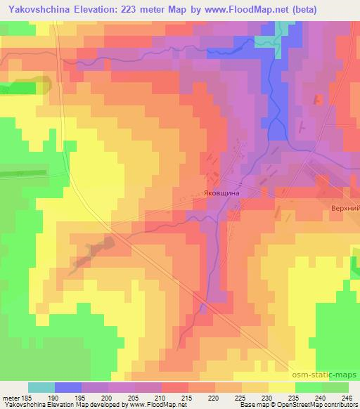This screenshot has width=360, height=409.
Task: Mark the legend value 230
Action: (266, 398)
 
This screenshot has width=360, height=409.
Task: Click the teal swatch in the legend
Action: (41, 387)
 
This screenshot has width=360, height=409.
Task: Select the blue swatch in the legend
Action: (68, 387)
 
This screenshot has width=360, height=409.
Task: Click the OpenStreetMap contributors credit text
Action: (317, 405)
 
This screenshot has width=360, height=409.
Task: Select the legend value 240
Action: (319, 398)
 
